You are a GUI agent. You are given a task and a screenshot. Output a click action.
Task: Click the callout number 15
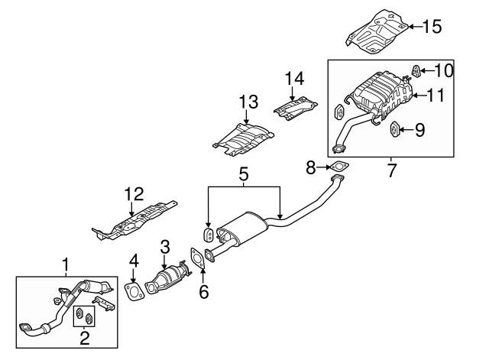pos(432,27)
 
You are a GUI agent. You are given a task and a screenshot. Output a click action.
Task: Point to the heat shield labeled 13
pos(243,140)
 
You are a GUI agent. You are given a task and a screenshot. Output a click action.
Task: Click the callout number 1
pos(66,265)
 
